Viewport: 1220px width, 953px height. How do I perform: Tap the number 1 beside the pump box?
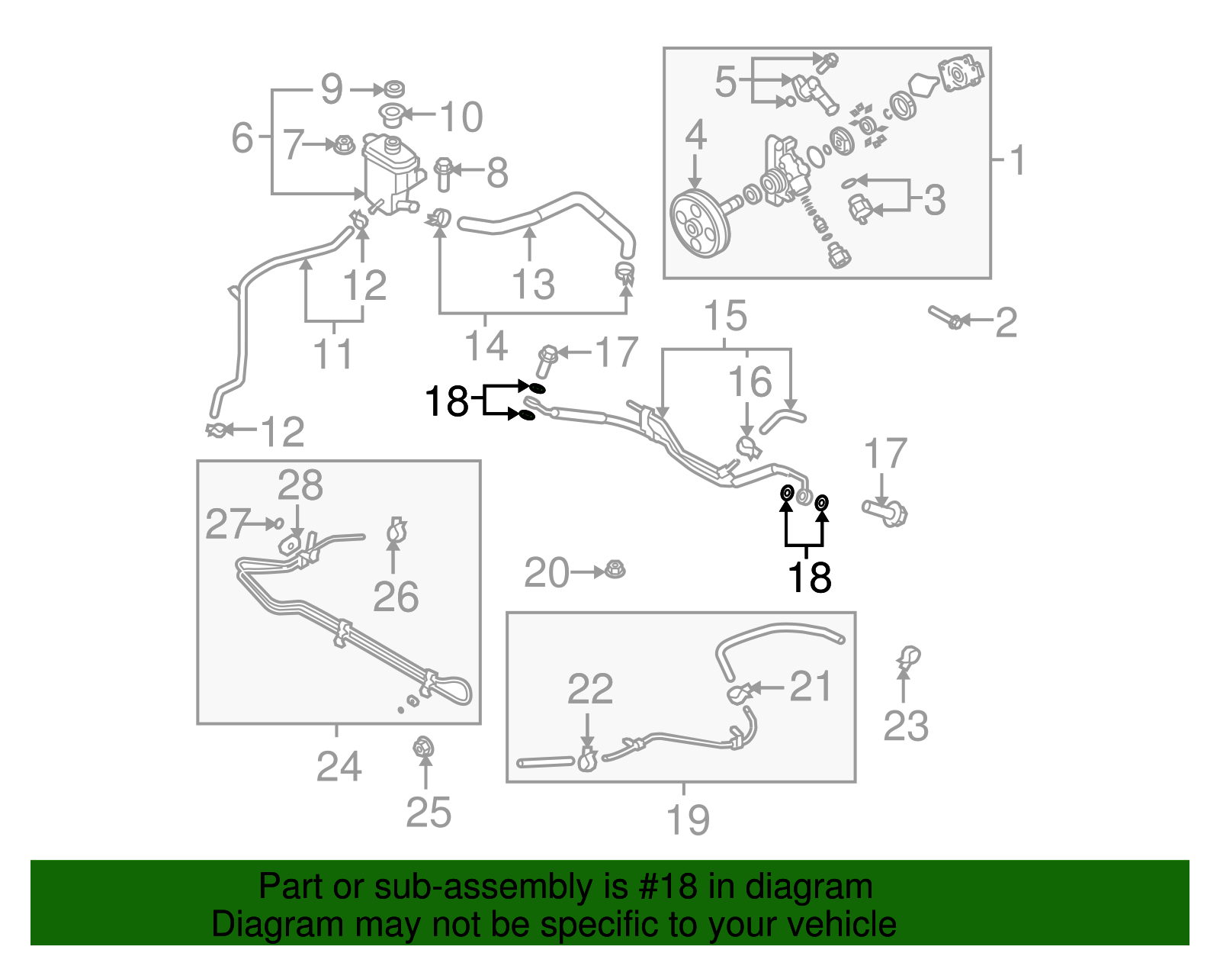1017,160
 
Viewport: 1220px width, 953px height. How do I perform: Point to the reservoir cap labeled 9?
393,89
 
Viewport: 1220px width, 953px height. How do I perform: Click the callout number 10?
461,117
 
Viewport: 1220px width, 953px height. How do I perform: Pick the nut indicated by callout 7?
344,144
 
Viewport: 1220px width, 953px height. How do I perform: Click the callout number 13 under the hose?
533,285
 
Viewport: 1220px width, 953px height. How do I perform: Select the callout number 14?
486,346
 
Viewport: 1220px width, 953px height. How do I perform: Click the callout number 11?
333,354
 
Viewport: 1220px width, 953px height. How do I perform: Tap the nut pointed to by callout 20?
614,569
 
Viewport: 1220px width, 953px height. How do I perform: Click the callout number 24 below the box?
339,766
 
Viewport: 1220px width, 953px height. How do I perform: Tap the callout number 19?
688,819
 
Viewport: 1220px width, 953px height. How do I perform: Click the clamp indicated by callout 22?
587,759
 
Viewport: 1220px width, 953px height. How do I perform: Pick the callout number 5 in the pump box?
725,81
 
